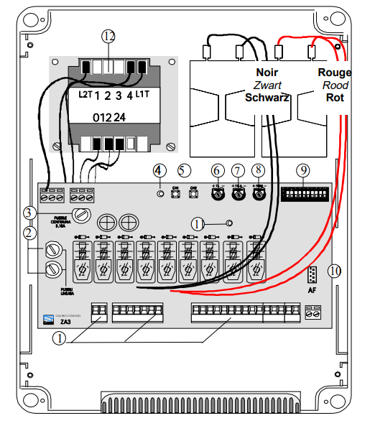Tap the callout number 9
pos(305,170)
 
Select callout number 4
pos(159,170)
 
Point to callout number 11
pos(198,223)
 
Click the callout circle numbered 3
pos(29,213)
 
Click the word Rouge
pos(334,73)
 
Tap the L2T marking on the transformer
pos(85,94)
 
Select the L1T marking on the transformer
pos(142,94)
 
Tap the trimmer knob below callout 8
pos(259,194)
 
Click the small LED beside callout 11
pos(228,223)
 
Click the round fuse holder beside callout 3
pos(81,213)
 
